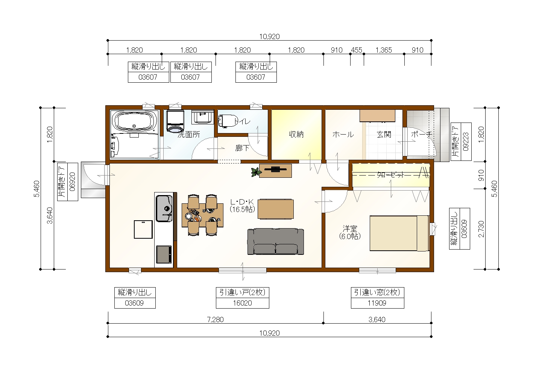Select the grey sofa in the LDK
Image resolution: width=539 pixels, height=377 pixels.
point(275,242)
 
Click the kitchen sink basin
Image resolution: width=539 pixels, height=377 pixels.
point(164,208)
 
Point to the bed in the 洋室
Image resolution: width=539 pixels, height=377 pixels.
point(399,233)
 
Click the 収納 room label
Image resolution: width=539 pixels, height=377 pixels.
point(296,135)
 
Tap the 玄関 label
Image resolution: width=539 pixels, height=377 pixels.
point(384,135)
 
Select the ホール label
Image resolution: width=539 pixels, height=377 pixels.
point(343,135)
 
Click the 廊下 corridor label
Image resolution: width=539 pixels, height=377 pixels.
point(242,148)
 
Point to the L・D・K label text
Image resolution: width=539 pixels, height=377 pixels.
point(242,202)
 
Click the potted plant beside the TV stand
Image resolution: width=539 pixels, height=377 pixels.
point(255,172)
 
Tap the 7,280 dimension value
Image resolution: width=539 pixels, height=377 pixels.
point(216,319)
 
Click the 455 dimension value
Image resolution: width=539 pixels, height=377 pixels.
point(357,50)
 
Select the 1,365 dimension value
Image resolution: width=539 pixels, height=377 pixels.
point(384,50)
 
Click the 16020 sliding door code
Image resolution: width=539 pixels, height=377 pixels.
point(242,303)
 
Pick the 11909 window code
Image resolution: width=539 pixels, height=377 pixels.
point(377,303)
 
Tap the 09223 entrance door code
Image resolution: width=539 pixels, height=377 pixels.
point(466,142)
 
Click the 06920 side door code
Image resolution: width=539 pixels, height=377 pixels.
point(73,182)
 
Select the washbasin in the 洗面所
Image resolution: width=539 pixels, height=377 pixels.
point(203,117)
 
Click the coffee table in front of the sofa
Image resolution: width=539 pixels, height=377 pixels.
point(276,209)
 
